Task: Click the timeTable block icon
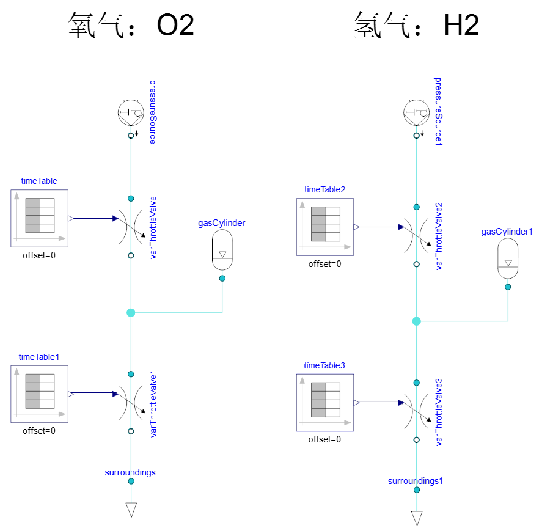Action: coord(39,218)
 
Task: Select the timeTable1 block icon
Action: coord(39,394)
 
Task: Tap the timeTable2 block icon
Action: coord(325,227)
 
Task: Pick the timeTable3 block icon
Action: coord(325,403)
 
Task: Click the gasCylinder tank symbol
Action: coord(222,250)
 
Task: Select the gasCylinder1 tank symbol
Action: coord(508,258)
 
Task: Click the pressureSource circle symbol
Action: coord(130,112)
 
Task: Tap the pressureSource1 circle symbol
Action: coord(416,112)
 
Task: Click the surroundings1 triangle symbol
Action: coord(417,518)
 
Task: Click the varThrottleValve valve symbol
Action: coord(131,227)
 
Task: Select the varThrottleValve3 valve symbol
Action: coord(417,411)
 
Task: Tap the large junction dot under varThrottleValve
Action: coord(131,313)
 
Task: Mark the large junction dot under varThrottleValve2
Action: coord(417,321)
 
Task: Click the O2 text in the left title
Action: coord(175,26)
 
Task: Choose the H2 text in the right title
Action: coord(461,26)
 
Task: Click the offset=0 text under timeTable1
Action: coord(39,431)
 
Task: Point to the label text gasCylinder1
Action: coord(507,232)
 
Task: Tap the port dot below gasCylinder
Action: coord(222,279)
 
